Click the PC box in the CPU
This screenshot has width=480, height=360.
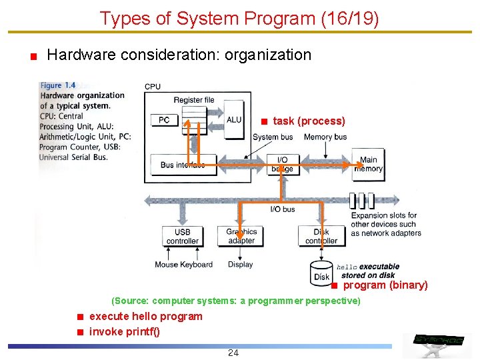click(164, 120)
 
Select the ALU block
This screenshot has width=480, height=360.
click(234, 121)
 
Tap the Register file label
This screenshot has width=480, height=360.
click(194, 100)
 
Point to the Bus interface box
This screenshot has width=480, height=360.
click(182, 165)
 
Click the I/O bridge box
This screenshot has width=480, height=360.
click(282, 164)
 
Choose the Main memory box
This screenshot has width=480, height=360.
click(368, 164)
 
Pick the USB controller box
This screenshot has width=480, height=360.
click(182, 236)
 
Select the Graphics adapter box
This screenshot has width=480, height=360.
click(241, 236)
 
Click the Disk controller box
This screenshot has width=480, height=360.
click(321, 236)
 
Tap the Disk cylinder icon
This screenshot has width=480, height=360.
click(322, 274)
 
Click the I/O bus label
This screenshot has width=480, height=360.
click(283, 209)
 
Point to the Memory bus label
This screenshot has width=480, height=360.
click(325, 137)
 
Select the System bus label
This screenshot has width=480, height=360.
click(273, 137)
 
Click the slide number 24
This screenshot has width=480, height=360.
click(233, 353)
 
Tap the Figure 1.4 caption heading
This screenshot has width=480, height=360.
click(58, 85)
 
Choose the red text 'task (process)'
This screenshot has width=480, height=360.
click(309, 121)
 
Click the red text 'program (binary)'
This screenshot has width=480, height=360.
click(385, 285)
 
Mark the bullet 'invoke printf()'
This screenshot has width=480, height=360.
click(125, 332)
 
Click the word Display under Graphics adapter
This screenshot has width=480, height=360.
click(240, 265)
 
